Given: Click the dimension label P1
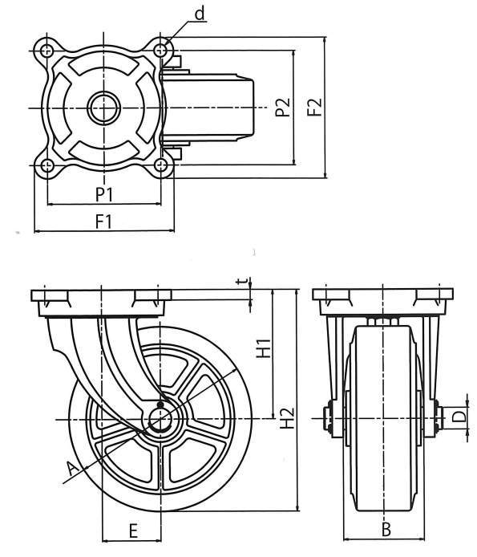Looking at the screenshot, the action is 104,194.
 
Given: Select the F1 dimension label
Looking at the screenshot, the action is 103,222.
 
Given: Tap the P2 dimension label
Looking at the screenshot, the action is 283,107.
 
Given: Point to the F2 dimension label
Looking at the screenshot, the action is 314,107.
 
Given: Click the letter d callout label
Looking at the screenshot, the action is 200,14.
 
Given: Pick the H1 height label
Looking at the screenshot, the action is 264,348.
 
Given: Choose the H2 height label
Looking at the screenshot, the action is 287,417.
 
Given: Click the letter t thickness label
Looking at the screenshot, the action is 243,282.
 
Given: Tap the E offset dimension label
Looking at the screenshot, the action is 133,531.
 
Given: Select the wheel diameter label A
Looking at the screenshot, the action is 73,470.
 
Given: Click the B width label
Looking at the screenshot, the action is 386,529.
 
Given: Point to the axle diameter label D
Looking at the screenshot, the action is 459,417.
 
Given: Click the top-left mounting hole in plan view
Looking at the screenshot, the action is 46,51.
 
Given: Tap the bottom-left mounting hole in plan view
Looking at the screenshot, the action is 46,165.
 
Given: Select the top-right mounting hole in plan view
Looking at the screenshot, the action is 161,50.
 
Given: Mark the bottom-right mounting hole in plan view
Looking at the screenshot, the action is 161,165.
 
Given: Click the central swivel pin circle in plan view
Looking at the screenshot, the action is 103,108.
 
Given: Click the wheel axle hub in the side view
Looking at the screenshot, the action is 160,419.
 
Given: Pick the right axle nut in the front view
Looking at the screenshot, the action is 439,418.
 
